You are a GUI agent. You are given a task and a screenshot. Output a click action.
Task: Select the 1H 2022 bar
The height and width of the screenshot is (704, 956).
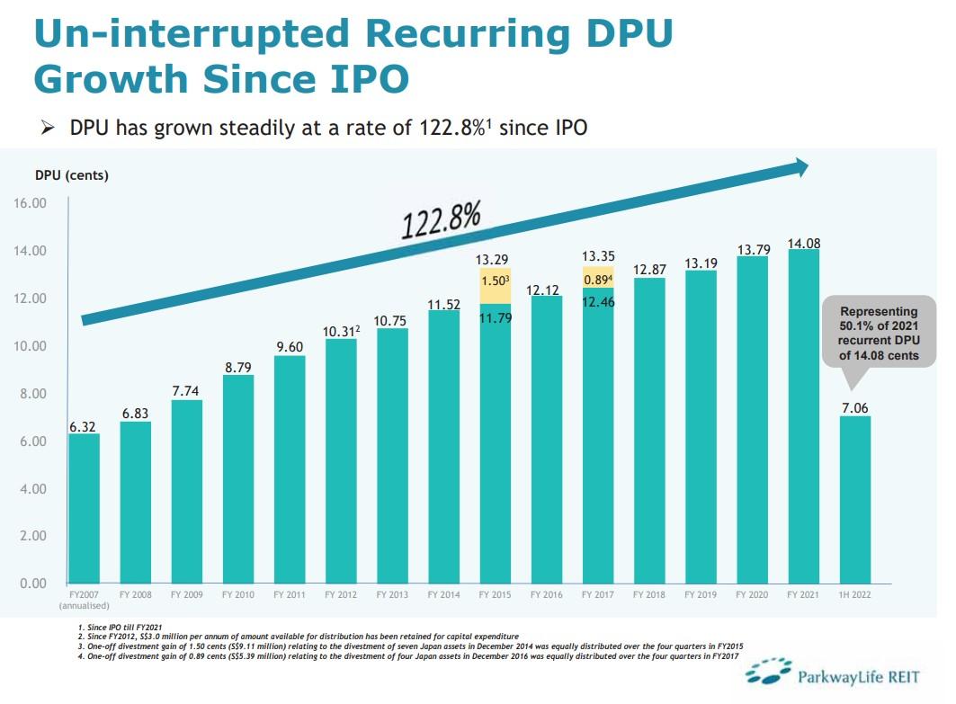tap(854, 499)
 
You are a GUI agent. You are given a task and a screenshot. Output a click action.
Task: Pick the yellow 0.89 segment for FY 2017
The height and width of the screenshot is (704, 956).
tap(598, 279)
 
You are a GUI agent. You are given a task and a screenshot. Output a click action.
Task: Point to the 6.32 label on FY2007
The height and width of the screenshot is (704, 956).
tap(85, 426)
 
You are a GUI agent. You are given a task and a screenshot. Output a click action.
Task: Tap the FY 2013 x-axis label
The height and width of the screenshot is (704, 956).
tap(392, 594)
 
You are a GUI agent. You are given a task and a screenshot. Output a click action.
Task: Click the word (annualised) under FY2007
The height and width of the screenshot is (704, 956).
tap(85, 605)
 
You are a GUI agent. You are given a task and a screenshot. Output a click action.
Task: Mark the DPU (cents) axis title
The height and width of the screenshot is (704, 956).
tap(72, 175)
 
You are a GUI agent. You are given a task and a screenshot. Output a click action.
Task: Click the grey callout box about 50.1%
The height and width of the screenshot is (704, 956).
tap(879, 332)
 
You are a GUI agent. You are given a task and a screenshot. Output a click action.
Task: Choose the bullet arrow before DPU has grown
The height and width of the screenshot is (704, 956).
tap(49, 128)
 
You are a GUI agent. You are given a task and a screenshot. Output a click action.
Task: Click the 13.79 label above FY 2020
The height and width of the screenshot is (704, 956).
tap(752, 249)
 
